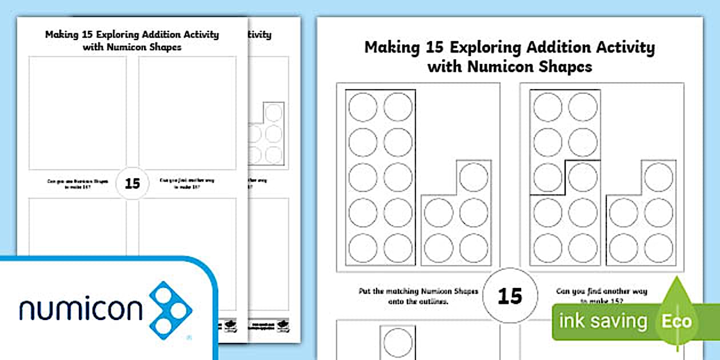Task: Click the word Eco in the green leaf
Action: tap(677, 321)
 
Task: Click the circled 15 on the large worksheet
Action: tap(510, 295)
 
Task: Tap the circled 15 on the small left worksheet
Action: tap(132, 183)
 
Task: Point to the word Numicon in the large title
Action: tap(501, 67)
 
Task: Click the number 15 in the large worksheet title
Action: tap(435, 47)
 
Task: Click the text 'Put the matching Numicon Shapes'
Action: tap(418, 291)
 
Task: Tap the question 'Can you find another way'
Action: tap(601, 291)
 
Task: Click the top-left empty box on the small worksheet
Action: tap(78, 112)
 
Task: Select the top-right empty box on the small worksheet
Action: tap(187, 112)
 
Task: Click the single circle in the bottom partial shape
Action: tap(398, 342)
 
